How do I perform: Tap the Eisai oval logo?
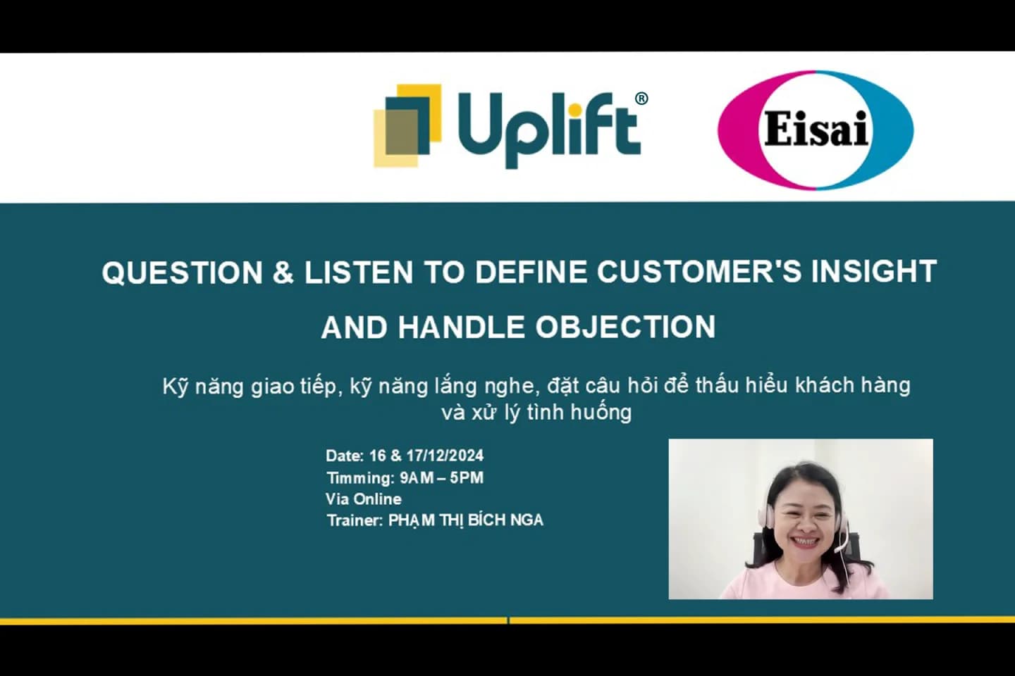point(816,130)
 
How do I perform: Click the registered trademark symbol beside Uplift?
point(641,99)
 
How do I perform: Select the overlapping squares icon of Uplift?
point(407,126)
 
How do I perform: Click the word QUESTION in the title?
point(182,273)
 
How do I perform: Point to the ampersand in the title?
point(283,273)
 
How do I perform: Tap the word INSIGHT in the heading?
point(873,272)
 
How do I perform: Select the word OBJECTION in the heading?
point(625,327)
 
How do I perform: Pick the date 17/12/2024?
point(445,456)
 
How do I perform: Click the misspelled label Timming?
point(359,477)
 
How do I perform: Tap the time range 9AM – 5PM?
point(441,477)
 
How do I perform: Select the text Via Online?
point(364,499)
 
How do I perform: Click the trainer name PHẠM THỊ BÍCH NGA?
point(465,520)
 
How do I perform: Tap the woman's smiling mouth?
point(804,542)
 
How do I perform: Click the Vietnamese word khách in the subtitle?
point(820,385)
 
